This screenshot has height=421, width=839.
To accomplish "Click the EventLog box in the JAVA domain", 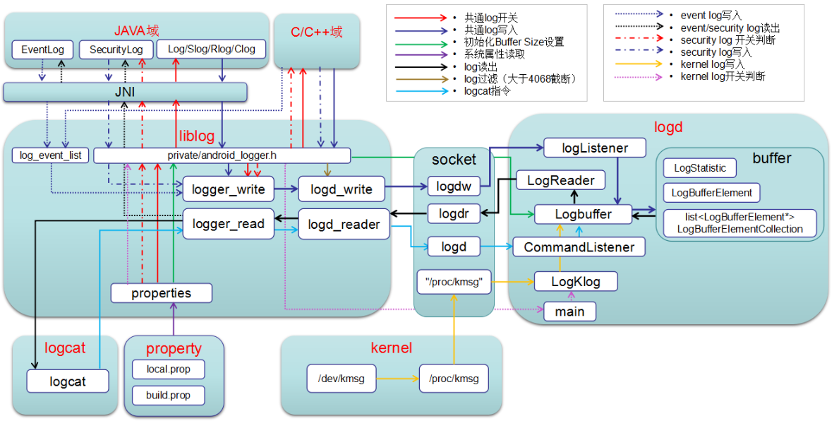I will pos(42,49).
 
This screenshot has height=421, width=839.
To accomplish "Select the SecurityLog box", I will pos(116,49).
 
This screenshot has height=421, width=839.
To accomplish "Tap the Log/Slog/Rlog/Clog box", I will pos(211,49).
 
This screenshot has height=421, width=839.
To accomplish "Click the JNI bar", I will pos(125,92).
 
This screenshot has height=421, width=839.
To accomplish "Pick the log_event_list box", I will pos(50,155).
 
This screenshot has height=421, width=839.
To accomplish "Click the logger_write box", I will pos(228,189).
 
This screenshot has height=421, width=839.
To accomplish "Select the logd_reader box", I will pos(344,225).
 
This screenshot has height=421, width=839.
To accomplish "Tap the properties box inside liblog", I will pos(161,292).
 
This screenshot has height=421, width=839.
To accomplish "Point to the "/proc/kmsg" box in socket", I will pos(454,282).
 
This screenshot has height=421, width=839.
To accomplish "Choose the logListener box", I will pos(594,148).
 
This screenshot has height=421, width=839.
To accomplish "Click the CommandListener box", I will pos(579,247).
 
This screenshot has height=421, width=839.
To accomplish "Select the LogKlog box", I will pos(576,281).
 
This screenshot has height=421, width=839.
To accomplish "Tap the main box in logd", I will pos(569,311).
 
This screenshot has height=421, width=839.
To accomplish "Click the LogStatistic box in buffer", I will pos(699,168).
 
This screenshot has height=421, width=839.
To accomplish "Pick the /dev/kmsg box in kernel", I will pos(341,379).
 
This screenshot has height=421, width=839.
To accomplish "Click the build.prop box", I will pos(168,395).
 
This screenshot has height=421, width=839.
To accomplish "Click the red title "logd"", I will pos(669,128).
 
